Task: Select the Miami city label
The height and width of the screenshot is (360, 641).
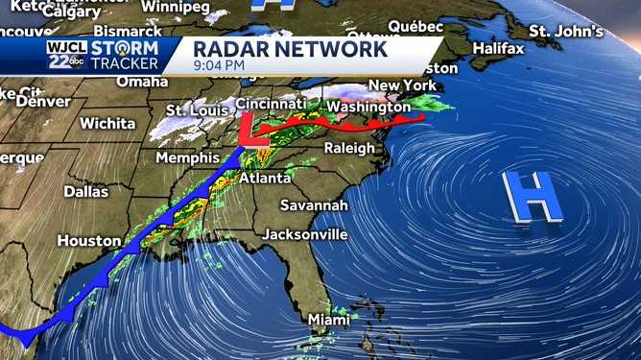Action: coord(328,320)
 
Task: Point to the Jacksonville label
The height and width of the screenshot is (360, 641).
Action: coord(307,233)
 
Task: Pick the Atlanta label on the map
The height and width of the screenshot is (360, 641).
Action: coord(264,179)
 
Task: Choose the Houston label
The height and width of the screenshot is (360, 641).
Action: coord(89,241)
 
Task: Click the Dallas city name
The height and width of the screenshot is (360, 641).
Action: coord(86,191)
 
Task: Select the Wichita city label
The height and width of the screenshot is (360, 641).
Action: coord(107,123)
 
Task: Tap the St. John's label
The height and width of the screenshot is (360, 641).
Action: coord(566,31)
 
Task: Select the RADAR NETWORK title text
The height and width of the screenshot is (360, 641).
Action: coord(290,48)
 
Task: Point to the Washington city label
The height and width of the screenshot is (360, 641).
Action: coord(368,107)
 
